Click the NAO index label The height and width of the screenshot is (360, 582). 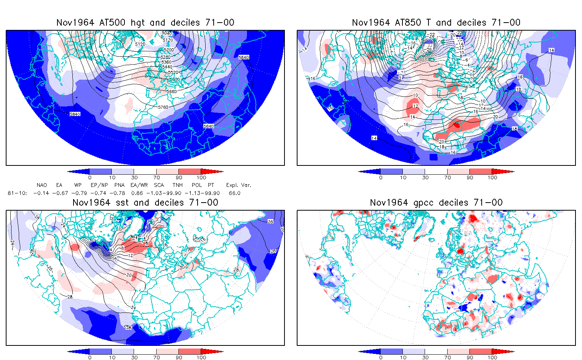(42, 185)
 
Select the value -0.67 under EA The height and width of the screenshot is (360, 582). (59, 193)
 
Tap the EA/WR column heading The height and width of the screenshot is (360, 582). (136, 185)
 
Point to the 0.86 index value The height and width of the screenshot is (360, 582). (137, 193)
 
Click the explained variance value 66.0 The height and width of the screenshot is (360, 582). (234, 193)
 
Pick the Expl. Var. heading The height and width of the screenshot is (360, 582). (239, 185)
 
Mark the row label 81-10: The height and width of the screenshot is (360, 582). (17, 193)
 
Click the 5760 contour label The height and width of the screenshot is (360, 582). (163, 107)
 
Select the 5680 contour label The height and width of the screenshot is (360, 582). (172, 92)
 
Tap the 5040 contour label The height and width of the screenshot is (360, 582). (167, 33)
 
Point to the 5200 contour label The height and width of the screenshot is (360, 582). (168, 50)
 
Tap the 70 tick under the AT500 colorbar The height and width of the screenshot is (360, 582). (156, 177)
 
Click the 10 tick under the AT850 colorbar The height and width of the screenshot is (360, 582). (403, 177)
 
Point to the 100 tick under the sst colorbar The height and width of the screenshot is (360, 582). (201, 357)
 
